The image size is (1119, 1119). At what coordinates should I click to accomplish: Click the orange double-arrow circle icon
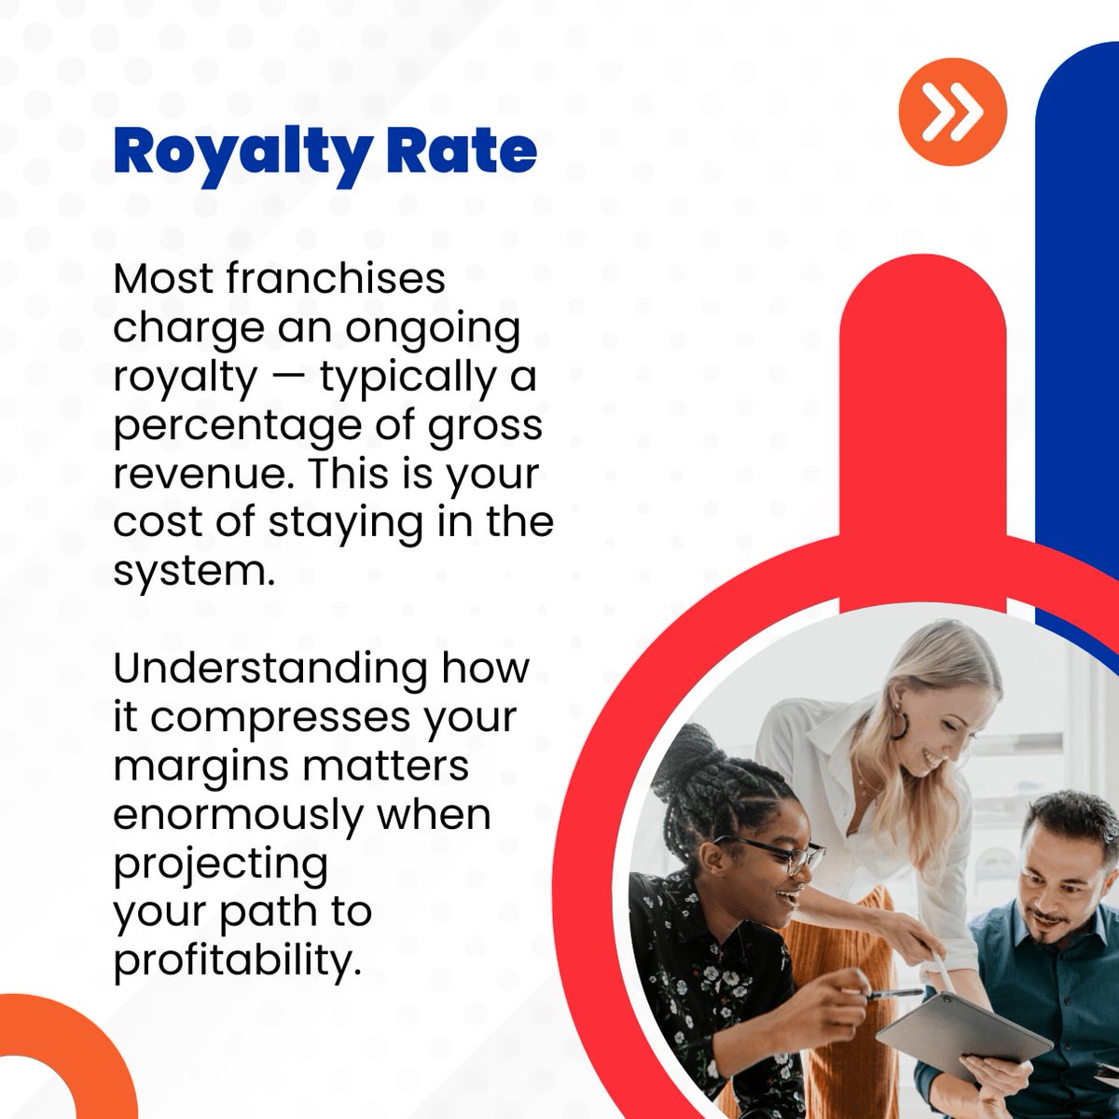(953, 111)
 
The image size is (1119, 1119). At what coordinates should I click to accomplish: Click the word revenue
(199, 474)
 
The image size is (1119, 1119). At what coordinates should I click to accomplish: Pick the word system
(194, 571)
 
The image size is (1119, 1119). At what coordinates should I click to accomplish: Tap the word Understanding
(270, 669)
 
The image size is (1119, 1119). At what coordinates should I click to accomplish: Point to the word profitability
(237, 960)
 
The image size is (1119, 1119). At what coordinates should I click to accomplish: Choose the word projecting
(221, 863)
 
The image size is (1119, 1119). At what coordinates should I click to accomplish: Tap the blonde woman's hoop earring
(901, 725)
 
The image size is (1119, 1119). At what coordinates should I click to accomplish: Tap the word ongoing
(433, 328)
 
